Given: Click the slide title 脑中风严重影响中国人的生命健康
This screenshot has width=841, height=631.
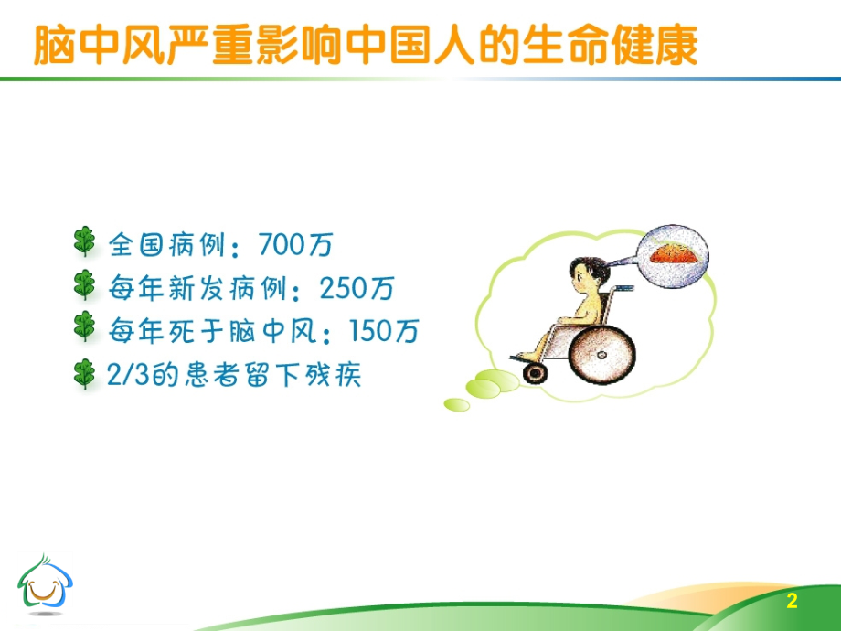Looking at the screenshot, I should click(x=365, y=45).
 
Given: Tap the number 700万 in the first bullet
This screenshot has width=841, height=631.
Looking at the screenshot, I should click(x=297, y=245).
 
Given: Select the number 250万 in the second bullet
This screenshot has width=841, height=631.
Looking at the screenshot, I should click(x=358, y=289).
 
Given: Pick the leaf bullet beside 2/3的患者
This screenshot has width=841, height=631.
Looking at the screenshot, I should click(x=84, y=373).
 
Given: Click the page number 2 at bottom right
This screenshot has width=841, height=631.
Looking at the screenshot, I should click(x=792, y=601).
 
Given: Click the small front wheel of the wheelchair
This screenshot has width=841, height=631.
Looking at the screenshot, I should click(x=533, y=371).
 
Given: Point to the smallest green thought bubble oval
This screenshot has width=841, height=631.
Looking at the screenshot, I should click(x=456, y=404).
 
